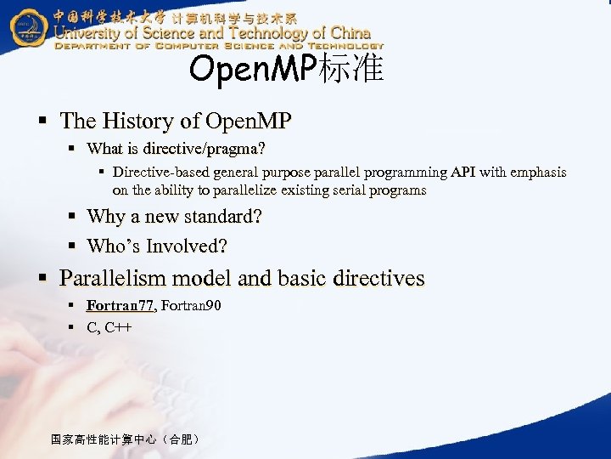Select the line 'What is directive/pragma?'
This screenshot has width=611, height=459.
pyautogui.click(x=176, y=149)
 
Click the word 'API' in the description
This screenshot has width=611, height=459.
pyautogui.click(x=462, y=173)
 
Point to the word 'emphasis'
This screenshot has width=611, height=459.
pyautogui.click(x=537, y=173)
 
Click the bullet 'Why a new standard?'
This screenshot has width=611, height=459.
pyautogui.click(x=174, y=217)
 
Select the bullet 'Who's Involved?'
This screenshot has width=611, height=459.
pyautogui.click(x=157, y=246)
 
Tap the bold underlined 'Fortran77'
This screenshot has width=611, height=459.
pyautogui.click(x=120, y=305)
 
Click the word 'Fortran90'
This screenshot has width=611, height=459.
pyautogui.click(x=191, y=305)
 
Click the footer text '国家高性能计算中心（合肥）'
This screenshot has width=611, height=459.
pyautogui.click(x=126, y=439)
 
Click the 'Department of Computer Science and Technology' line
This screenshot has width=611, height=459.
pyautogui.click(x=219, y=46)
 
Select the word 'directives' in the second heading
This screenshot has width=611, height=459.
pyautogui.click(x=381, y=278)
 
